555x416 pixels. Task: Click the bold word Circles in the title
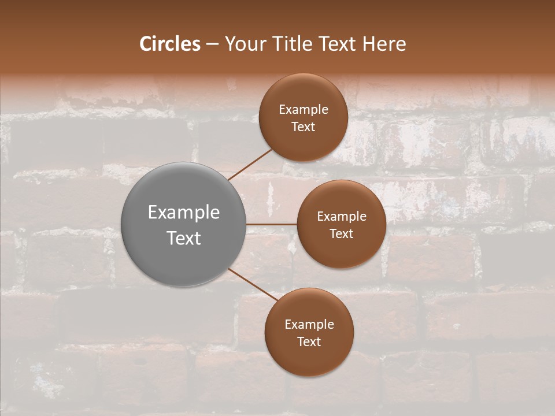(170, 44)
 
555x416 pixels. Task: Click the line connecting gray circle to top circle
(250, 164)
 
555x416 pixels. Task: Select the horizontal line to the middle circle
(272, 224)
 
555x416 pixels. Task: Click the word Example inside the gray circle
(184, 213)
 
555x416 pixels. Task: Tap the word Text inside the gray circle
(184, 238)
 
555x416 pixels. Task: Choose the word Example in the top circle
(304, 110)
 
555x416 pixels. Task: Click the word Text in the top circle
(304, 127)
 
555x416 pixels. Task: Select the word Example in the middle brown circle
(342, 217)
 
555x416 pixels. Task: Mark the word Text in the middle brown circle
(342, 234)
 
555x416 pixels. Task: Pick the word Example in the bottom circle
(309, 325)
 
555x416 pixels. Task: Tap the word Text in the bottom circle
(309, 342)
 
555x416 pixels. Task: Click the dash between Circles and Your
(212, 44)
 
